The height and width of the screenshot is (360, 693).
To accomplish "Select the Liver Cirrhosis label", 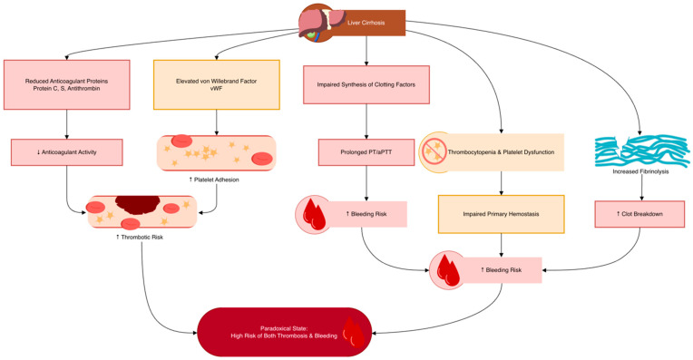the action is click(366, 23).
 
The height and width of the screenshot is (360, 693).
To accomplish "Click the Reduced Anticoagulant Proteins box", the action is click(67, 85).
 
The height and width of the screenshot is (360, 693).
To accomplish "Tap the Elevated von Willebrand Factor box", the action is click(217, 85).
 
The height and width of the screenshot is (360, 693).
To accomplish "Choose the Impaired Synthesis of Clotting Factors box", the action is click(366, 85).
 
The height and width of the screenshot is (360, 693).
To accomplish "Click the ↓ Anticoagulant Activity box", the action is click(67, 152).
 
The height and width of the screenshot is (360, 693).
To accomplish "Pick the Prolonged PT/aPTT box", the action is click(366, 152).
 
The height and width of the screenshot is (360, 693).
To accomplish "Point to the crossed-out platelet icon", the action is click(433, 152).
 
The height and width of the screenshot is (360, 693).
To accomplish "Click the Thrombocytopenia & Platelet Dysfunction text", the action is click(501, 152).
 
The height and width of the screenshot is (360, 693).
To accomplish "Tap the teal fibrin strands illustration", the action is click(641, 151).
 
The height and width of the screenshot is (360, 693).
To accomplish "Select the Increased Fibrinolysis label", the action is click(640, 171).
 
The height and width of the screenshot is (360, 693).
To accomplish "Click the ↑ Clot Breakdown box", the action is click(639, 214).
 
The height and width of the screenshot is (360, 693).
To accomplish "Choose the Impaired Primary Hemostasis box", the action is click(502, 214).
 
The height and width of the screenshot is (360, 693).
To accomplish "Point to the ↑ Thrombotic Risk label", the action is click(140, 238).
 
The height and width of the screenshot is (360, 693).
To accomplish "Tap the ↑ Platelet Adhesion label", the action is click(214, 180).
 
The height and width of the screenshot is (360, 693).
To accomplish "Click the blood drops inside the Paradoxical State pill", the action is click(354, 332).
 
